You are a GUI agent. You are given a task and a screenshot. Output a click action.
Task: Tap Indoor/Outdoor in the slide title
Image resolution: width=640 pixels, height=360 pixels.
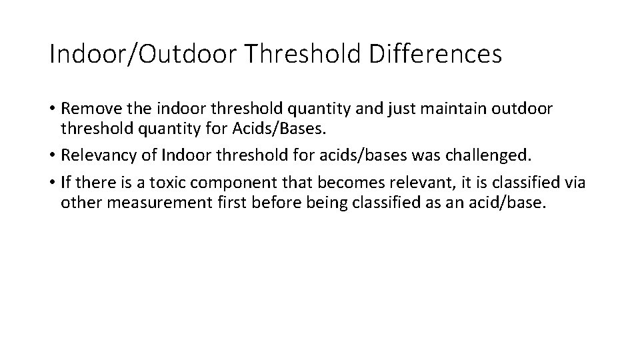click(143, 54)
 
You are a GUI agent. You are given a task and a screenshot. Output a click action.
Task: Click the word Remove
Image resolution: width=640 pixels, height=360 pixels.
click(91, 109)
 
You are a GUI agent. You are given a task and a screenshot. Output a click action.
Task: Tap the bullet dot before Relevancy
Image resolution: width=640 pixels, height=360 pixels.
click(53, 156)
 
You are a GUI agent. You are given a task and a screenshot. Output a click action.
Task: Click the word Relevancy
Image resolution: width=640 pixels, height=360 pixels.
click(99, 155)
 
